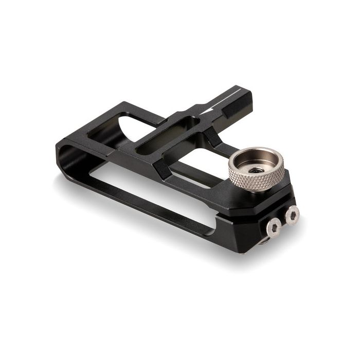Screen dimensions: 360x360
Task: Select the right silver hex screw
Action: point(292,215)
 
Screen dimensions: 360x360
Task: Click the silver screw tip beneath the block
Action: point(263,241)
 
